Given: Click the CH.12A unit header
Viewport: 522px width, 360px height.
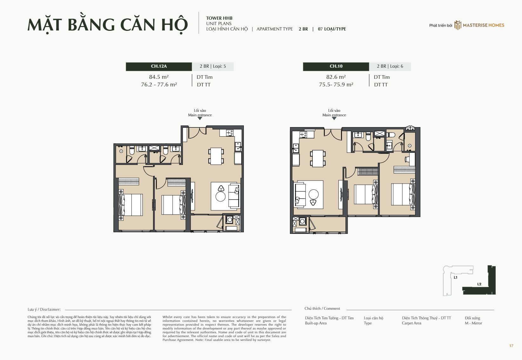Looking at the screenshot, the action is [x=159, y=66].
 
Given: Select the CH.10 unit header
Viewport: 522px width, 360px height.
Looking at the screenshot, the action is [x=336, y=66].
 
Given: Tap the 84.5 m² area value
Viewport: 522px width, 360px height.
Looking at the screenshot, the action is [x=159, y=77].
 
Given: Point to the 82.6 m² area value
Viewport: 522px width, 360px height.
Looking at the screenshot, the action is [x=336, y=77].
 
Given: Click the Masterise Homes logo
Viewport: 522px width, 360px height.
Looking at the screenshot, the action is [x=479, y=25].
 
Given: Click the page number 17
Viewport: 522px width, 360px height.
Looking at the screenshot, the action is [x=511, y=346].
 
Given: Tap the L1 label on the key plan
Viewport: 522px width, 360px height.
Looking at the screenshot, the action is [x=456, y=277].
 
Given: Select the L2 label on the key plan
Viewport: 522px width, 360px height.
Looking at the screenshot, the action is [x=479, y=284].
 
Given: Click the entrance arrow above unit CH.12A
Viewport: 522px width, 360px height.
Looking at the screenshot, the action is [x=200, y=119].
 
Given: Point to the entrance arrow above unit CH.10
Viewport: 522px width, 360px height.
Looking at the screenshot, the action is [x=334, y=119].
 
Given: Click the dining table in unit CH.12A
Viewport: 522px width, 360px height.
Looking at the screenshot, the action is [x=216, y=156].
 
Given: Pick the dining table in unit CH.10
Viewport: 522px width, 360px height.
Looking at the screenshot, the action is [x=318, y=159].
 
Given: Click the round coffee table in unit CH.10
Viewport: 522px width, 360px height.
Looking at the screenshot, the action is [x=313, y=194].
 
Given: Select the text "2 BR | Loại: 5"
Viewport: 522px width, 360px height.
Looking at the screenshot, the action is [x=213, y=66].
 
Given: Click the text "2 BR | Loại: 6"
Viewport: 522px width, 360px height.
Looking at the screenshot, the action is [x=390, y=66].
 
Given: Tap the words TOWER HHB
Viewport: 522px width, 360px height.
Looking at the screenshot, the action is [x=219, y=18].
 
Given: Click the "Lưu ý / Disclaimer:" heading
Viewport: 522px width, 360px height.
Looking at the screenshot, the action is [x=44, y=309].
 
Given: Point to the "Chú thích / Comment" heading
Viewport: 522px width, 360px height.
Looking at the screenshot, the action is [x=322, y=309].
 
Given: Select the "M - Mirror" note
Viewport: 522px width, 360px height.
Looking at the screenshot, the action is [x=473, y=323].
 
